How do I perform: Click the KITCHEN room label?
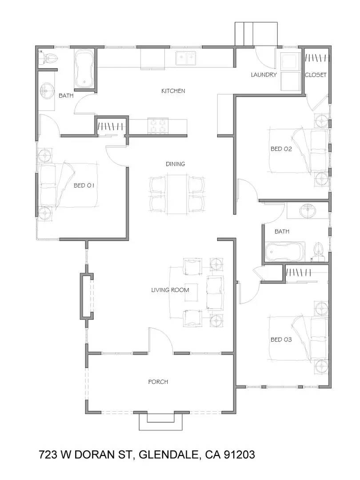pos(173,91)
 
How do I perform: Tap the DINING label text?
pos(175,164)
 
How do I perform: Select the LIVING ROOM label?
pos(170,290)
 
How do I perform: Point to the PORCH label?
pos(158,382)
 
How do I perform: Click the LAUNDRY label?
pos(264,75)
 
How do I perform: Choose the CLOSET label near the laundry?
pos(316,75)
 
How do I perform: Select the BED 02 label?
pos(281,149)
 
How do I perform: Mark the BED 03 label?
pos(281,340)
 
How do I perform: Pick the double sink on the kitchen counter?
pos(185,58)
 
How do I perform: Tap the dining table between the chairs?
pos(176,194)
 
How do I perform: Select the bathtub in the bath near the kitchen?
pos(84,69)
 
